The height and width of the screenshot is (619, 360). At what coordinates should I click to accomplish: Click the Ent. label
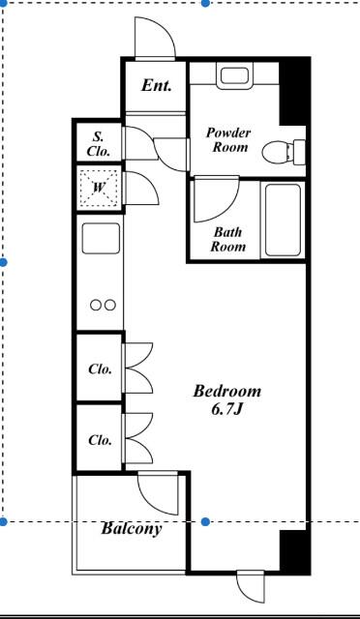(x=157, y=86)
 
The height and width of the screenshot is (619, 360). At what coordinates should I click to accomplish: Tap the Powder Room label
(x=228, y=140)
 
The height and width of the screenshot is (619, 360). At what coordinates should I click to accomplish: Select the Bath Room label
(x=228, y=239)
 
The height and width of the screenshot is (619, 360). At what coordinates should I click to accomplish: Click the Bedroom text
(x=227, y=391)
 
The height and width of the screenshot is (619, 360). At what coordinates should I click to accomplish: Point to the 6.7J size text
(x=226, y=409)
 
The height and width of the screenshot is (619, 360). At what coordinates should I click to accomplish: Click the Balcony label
(x=132, y=528)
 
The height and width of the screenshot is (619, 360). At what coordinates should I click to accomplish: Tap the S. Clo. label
(x=99, y=144)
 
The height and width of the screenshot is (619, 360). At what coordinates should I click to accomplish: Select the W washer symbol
(x=99, y=189)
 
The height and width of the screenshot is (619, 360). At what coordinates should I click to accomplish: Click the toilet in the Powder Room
(x=284, y=153)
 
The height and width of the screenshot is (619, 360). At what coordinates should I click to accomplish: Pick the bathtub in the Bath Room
(x=283, y=220)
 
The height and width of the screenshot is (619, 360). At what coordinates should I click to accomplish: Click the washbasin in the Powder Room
(x=234, y=77)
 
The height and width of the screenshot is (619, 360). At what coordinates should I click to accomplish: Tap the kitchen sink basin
(x=101, y=239)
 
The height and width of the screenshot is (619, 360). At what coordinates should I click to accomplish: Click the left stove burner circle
(x=96, y=306)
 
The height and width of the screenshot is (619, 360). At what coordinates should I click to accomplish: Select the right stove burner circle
(x=110, y=306)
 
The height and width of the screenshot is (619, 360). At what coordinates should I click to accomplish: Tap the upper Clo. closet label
(x=100, y=369)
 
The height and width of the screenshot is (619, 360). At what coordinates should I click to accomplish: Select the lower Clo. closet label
(x=100, y=440)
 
